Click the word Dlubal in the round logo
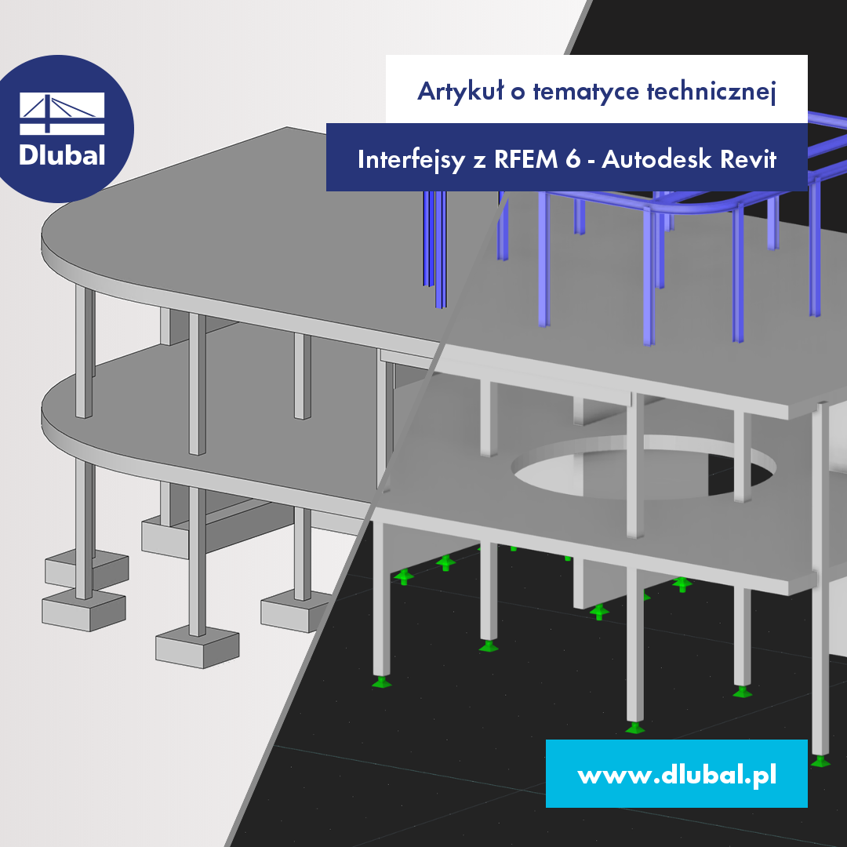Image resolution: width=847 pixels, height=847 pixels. (62, 154)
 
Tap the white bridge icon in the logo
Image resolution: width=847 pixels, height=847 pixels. (62, 115)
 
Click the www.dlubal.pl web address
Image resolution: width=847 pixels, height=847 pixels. (676, 775)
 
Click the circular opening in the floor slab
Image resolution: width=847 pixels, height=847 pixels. (643, 471)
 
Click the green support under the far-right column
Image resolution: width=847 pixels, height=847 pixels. (821, 760)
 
